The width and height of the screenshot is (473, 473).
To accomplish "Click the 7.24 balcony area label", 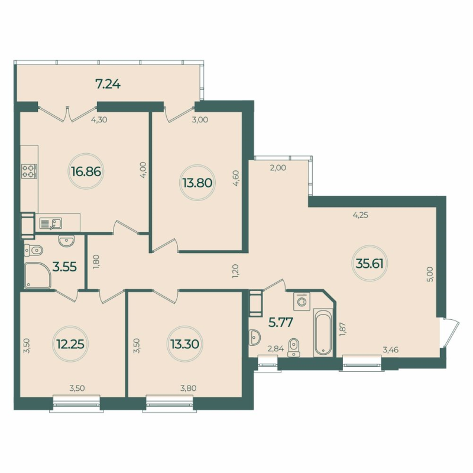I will tap(108, 84).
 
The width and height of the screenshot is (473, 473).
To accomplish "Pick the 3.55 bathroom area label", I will tap(65, 267).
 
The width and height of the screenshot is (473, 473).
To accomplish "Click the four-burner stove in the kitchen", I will tap(29, 171).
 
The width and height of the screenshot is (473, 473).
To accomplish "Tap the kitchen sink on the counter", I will tap(51, 223).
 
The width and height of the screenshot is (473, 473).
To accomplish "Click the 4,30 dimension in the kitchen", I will tap(98, 119).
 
